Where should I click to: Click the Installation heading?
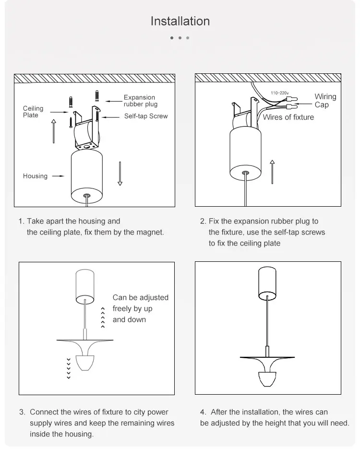(x=180, y=21)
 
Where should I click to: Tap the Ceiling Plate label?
(x=33, y=112)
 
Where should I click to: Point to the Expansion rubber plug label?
(x=140, y=101)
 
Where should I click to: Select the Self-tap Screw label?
(x=146, y=116)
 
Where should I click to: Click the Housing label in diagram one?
(x=35, y=176)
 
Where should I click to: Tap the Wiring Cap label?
(x=325, y=101)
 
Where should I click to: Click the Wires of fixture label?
(x=288, y=117)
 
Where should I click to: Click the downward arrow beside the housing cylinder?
(x=120, y=173)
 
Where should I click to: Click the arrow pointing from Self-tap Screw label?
(x=111, y=117)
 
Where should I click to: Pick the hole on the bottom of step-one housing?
(x=87, y=196)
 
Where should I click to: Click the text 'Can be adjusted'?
(x=141, y=297)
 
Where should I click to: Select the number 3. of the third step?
(x=22, y=412)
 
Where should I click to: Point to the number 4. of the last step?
(x=203, y=412)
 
